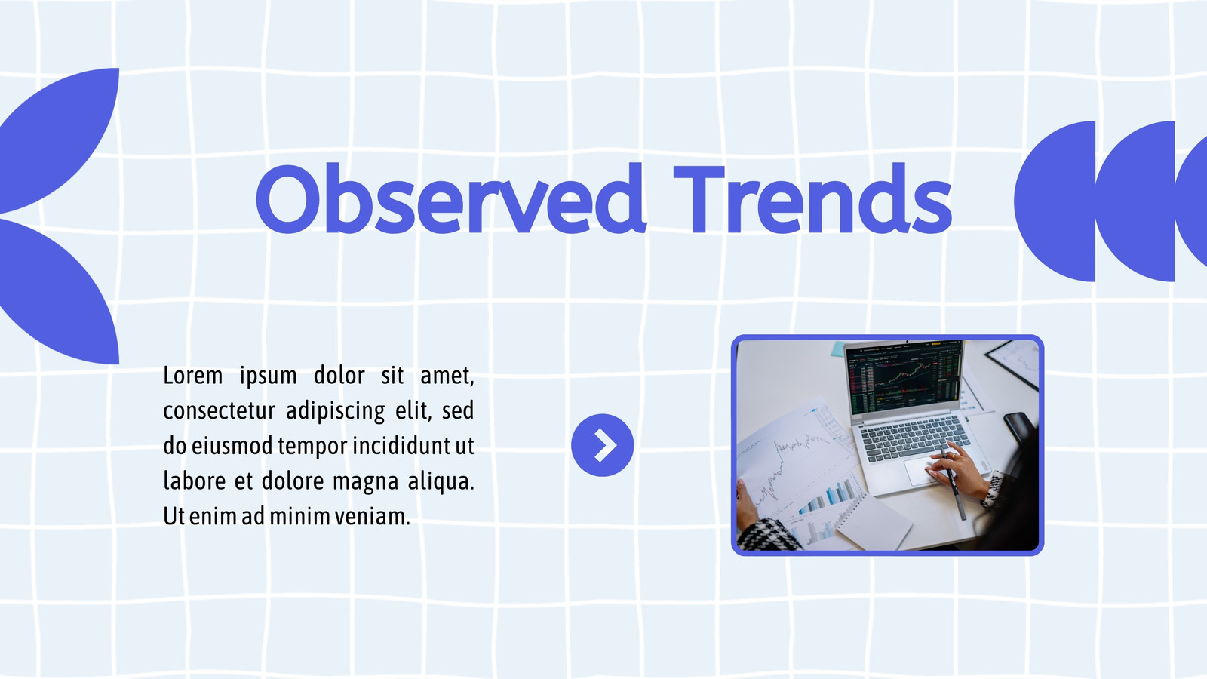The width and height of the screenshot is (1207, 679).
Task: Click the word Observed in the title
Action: click(x=450, y=198)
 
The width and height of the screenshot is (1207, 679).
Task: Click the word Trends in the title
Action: click(x=812, y=198)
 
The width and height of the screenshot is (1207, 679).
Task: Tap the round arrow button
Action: click(x=603, y=445)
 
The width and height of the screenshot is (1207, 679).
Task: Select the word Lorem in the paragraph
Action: click(x=193, y=375)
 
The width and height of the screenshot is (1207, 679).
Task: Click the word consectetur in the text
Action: click(x=219, y=410)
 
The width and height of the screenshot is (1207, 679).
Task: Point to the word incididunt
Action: click(x=401, y=446)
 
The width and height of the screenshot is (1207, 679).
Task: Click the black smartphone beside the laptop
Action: click(x=1019, y=429)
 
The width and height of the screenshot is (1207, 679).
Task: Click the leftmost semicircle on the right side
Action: click(x=1055, y=201)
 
